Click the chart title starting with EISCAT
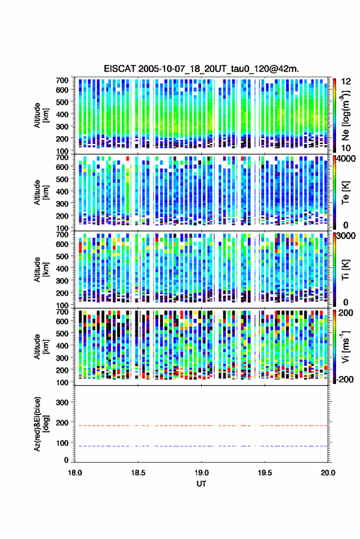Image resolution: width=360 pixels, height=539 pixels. tap(201, 69)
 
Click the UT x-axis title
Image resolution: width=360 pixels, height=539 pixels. tap(201, 484)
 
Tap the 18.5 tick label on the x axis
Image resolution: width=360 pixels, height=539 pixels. tap(138, 473)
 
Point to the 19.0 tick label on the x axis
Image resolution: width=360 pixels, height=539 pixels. tap(201, 473)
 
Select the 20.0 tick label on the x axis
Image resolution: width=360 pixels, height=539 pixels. tap(327, 473)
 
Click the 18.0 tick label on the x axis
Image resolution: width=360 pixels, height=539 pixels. tap(75, 473)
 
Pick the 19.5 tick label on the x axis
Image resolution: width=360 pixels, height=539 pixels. tap(264, 473)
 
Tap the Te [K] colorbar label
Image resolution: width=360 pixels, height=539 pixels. tap(345, 193)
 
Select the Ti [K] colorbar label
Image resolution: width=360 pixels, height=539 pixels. tap(345, 270)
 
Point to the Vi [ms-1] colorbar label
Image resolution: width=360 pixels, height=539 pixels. tap(345, 346)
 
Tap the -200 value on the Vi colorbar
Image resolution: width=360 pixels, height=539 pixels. tap(345, 380)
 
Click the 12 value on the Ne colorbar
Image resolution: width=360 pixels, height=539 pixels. tap(346, 82)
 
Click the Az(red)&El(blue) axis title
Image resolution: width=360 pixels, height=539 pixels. tap(40, 424)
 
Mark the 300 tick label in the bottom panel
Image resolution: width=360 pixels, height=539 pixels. tap(62, 402)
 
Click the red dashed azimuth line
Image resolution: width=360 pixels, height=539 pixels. tap(201, 426)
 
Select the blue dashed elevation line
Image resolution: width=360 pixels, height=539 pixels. tap(201, 446)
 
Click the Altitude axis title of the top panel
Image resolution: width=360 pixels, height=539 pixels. tap(40, 115)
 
